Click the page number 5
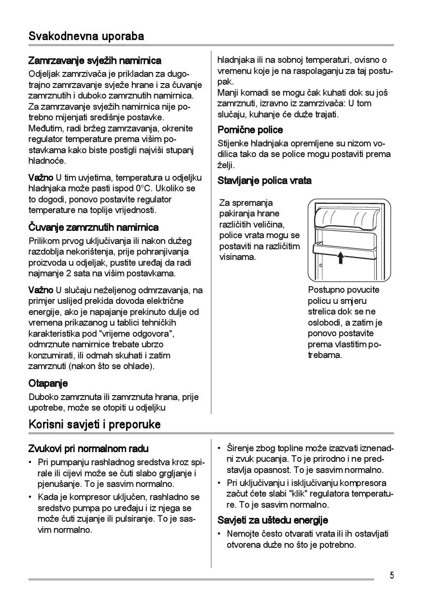click(392, 575)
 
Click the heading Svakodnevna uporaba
click(86, 36)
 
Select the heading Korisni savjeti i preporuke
click(95, 425)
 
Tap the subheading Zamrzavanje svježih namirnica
click(95, 61)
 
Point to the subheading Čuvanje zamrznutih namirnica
click(93, 227)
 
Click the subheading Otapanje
click(48, 384)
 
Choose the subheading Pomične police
click(250, 130)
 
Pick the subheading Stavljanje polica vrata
click(264, 181)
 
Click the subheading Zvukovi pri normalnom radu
click(88, 449)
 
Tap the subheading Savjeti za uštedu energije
click(273, 520)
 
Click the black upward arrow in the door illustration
click(340, 257)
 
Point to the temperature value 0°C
click(146, 188)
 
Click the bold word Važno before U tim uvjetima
click(41, 178)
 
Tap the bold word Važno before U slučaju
click(41, 290)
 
